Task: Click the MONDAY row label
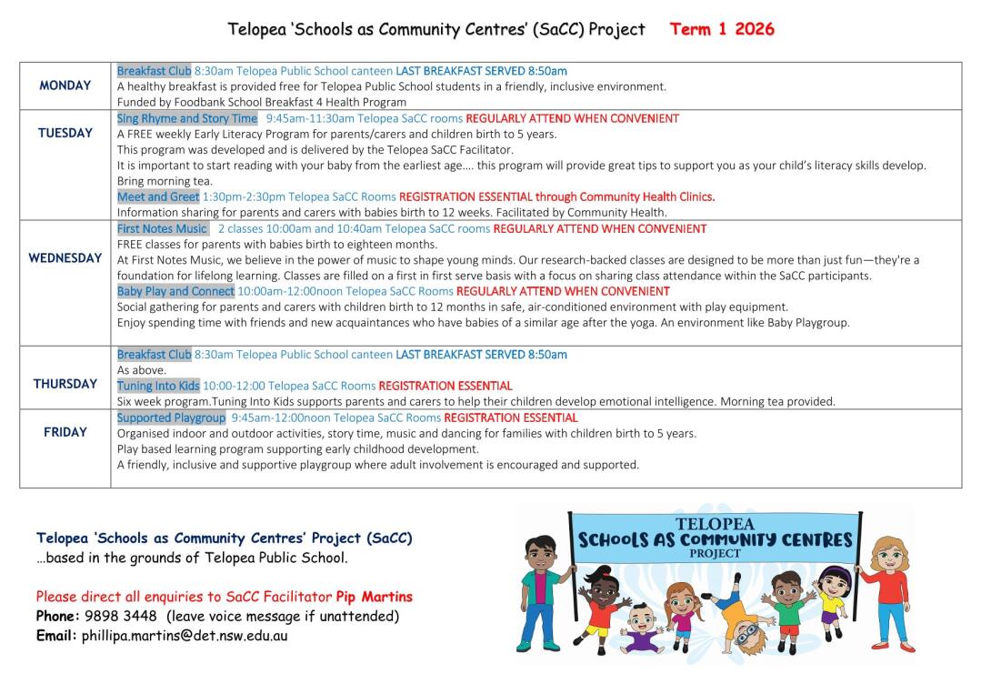pyautogui.click(x=65, y=85)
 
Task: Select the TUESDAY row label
pyautogui.click(x=65, y=133)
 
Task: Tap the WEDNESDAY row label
pyautogui.click(x=65, y=258)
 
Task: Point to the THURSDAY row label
pyautogui.click(x=65, y=384)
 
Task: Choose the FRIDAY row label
pyautogui.click(x=65, y=432)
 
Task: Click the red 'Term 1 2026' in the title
pyautogui.click(x=722, y=29)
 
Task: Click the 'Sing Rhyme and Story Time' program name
pyautogui.click(x=187, y=118)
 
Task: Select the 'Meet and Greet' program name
pyautogui.click(x=158, y=196)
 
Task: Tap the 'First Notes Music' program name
pyautogui.click(x=163, y=228)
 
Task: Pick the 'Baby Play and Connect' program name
pyautogui.click(x=175, y=291)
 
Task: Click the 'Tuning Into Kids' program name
pyautogui.click(x=158, y=386)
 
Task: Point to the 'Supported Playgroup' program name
pyautogui.click(x=171, y=417)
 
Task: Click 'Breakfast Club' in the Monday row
pyautogui.click(x=155, y=71)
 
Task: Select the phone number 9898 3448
pyautogui.click(x=120, y=617)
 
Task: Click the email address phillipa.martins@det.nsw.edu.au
pyautogui.click(x=185, y=636)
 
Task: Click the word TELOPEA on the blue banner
pyautogui.click(x=715, y=525)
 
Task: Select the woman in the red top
pyautogui.click(x=890, y=591)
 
